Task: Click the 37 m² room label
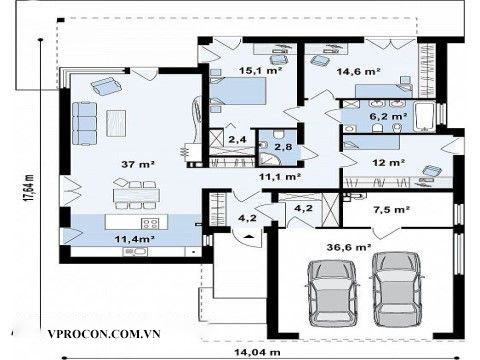pos(138,164)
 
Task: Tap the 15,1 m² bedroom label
pos(261,71)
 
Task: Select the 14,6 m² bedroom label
pos(359,71)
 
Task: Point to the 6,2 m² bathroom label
pos(388,116)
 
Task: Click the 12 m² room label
pos(389,163)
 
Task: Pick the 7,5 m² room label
pos(391,210)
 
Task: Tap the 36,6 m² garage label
pos(349,247)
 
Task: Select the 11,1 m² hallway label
pos(280,177)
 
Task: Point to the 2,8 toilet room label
pos(283,147)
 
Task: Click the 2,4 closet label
pos(237,139)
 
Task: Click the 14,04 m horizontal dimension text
pos(257,352)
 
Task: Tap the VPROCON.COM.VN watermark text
pos(104,334)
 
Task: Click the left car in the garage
pos(333,293)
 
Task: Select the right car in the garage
pos(397,289)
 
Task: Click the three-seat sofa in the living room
pos(84,123)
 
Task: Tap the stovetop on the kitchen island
pos(150,223)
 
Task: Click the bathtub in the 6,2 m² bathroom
pos(424,117)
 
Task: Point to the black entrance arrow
pos(248,236)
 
